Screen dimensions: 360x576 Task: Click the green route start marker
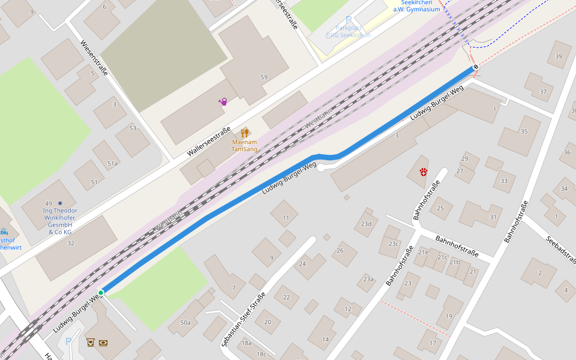tap(101, 293)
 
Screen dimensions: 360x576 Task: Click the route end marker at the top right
tap(475, 67)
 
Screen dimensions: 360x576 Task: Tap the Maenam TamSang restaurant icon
tap(244, 133)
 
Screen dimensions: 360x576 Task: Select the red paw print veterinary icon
tap(424, 172)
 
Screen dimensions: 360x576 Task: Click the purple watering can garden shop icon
tap(223, 101)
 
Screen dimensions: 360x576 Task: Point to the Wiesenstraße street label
tap(94, 58)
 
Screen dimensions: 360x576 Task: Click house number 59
tap(264, 77)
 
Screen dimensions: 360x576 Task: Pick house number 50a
tap(185, 323)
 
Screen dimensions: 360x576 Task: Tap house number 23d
tap(367, 224)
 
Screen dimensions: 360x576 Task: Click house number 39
tap(559, 56)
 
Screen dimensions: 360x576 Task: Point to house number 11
tap(286, 217)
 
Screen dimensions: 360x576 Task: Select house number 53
tap(133, 128)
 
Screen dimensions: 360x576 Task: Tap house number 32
tap(71, 243)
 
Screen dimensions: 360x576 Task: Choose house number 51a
tap(113, 163)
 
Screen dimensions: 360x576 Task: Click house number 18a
tap(246, 343)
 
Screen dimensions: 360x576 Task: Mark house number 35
tap(524, 131)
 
